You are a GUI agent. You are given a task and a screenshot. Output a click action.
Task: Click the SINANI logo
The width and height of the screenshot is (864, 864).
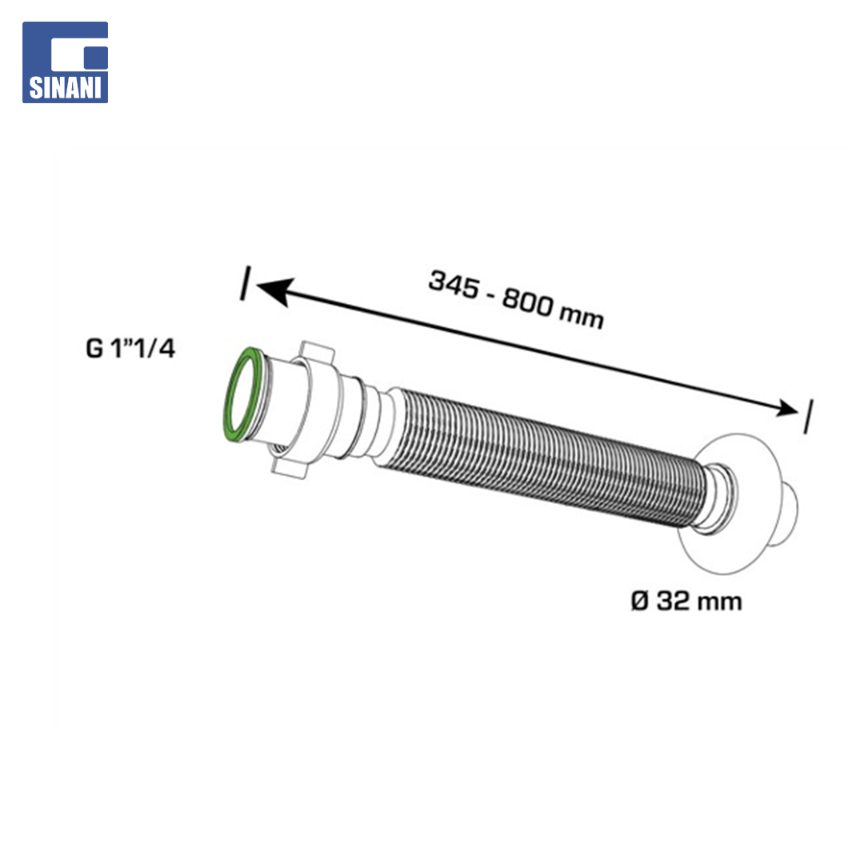(65, 62)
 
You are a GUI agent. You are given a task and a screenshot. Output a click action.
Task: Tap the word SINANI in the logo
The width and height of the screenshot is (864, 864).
(65, 88)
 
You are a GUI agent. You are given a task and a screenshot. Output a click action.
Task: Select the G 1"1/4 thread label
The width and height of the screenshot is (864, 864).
(130, 348)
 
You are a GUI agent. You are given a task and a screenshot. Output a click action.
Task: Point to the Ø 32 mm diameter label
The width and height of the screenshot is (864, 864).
(686, 601)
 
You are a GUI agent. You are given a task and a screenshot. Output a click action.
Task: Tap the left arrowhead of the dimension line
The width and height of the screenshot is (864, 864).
(274, 290)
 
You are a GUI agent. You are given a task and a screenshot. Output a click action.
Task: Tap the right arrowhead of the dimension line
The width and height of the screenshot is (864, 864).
(786, 408)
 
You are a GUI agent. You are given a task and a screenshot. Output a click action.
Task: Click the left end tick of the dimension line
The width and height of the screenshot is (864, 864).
(246, 283)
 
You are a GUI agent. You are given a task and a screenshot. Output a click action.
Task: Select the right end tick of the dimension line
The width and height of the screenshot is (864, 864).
(808, 417)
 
